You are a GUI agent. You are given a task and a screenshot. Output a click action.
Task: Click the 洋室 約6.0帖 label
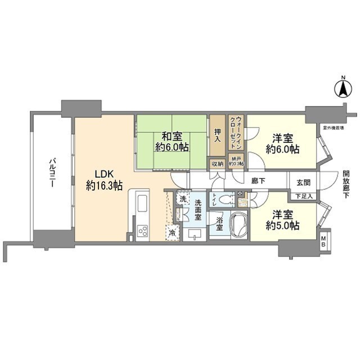click(282, 143)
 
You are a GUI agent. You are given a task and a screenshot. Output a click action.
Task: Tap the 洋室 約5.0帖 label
click(282, 220)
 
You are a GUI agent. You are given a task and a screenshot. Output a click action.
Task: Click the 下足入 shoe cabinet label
click(304, 196)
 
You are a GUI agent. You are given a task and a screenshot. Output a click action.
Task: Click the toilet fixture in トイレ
click(225, 199)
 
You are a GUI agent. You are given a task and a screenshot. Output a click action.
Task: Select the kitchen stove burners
click(142, 231)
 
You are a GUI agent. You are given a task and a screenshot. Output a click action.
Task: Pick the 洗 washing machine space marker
click(183, 199)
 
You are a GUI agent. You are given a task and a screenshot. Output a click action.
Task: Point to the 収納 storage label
click(217, 164)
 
